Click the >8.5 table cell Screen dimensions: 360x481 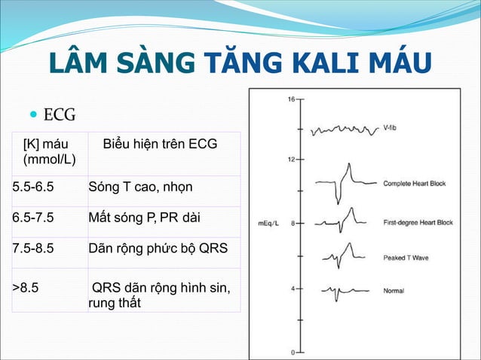point(27,287)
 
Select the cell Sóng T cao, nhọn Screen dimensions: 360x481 point(140,186)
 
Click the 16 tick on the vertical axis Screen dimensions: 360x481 point(290,99)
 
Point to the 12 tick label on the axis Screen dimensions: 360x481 point(290,159)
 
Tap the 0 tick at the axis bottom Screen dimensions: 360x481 point(293,352)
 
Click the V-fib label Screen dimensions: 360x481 point(391,127)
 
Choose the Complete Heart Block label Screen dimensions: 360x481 point(414,183)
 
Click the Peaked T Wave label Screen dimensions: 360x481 point(406,258)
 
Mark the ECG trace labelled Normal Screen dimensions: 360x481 point(339,291)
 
